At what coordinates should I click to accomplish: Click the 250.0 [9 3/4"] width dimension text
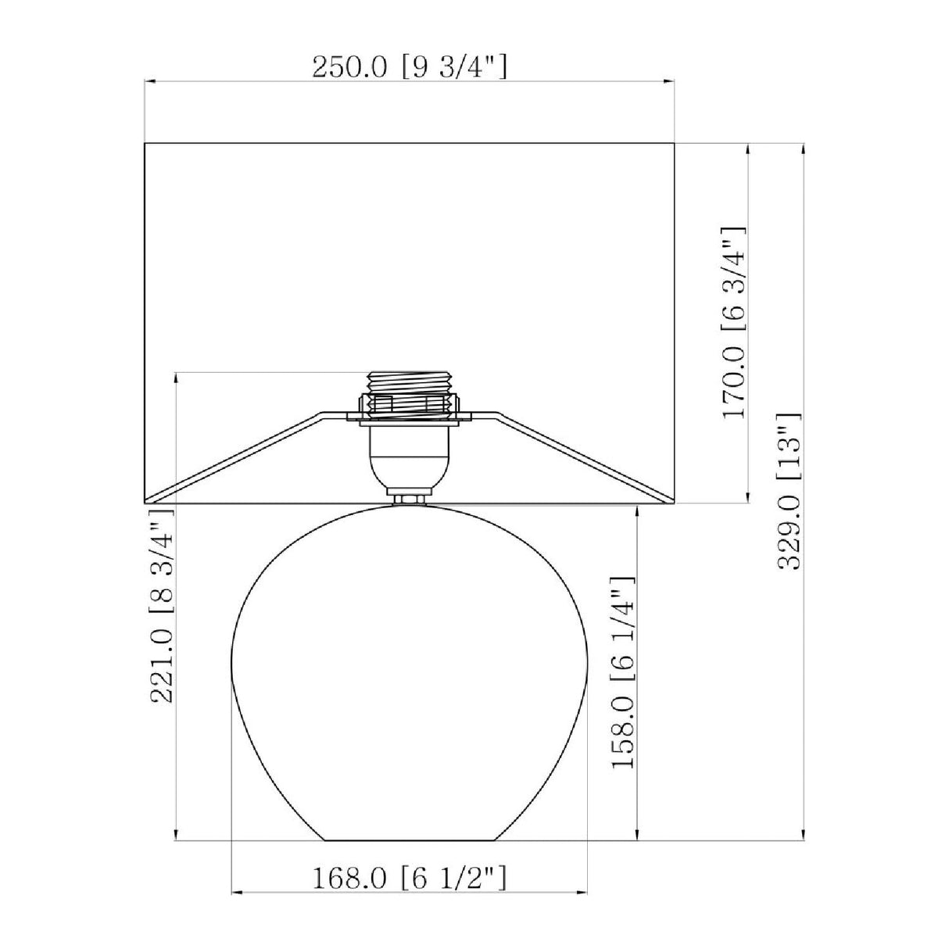click(410, 67)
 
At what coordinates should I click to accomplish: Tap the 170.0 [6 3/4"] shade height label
click(734, 323)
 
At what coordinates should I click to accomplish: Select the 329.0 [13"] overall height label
click(790, 492)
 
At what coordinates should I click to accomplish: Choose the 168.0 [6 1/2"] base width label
click(410, 878)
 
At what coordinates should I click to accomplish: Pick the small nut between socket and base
click(410, 500)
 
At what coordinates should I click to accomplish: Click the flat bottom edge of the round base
click(410, 840)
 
